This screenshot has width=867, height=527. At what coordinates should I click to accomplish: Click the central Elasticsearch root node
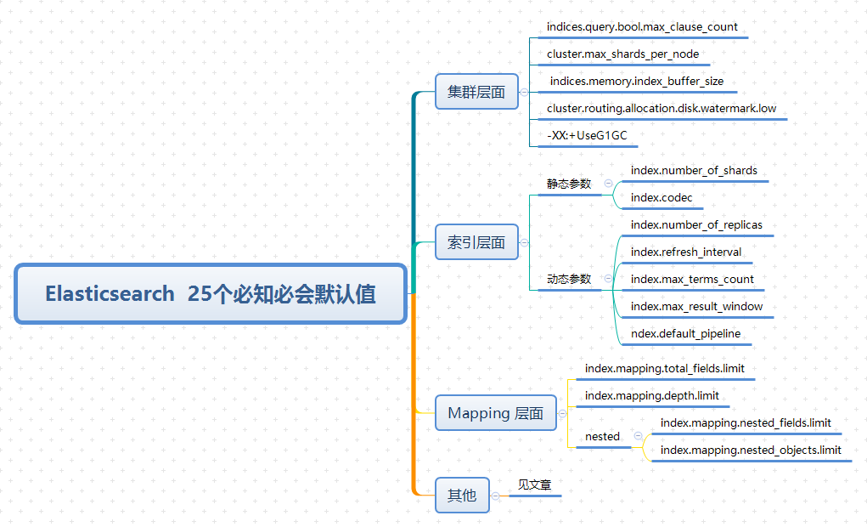pyautogui.click(x=210, y=294)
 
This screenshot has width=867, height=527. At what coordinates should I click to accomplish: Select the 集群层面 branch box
pyautogui.click(x=476, y=92)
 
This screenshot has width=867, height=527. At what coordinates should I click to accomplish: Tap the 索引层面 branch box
pyautogui.click(x=476, y=242)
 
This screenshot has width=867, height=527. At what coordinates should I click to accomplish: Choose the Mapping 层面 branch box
pyautogui.click(x=495, y=413)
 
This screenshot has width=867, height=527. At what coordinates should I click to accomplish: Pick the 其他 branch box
pyautogui.click(x=461, y=495)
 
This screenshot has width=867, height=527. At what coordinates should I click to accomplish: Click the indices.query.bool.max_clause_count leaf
pyautogui.click(x=642, y=27)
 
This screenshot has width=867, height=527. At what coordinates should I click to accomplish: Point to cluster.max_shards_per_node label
pyautogui.click(x=622, y=54)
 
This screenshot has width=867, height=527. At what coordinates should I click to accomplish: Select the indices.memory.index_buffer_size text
pyautogui.click(x=637, y=82)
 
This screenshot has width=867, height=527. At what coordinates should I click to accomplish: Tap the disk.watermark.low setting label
pyautogui.click(x=661, y=109)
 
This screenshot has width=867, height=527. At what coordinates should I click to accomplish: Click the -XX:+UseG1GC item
pyautogui.click(x=587, y=135)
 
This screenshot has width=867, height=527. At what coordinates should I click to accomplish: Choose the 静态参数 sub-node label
pyautogui.click(x=568, y=184)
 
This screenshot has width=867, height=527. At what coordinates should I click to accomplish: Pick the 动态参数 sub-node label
pyautogui.click(x=568, y=279)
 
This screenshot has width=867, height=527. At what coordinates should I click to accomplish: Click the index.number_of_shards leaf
pyautogui.click(x=694, y=171)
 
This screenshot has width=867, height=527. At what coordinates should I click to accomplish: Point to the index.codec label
pyautogui.click(x=662, y=198)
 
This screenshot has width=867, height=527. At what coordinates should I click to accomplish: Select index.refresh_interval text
pyautogui.click(x=686, y=252)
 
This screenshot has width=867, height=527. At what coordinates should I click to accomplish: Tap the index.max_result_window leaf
pyautogui.click(x=696, y=307)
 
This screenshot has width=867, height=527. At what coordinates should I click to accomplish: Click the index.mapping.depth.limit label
pyautogui.click(x=651, y=396)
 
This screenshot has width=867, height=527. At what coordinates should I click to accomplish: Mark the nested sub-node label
pyautogui.click(x=602, y=437)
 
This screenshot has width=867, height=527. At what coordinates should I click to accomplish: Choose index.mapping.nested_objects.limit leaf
pyautogui.click(x=751, y=450)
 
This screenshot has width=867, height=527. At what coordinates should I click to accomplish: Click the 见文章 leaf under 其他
pyautogui.click(x=534, y=485)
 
